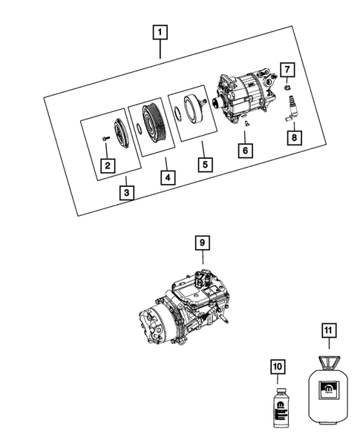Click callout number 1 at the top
pyautogui.click(x=160, y=33)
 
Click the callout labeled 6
pyautogui.click(x=244, y=151)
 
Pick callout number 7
pyautogui.click(x=287, y=71)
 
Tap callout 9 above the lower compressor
pyautogui.click(x=201, y=242)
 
